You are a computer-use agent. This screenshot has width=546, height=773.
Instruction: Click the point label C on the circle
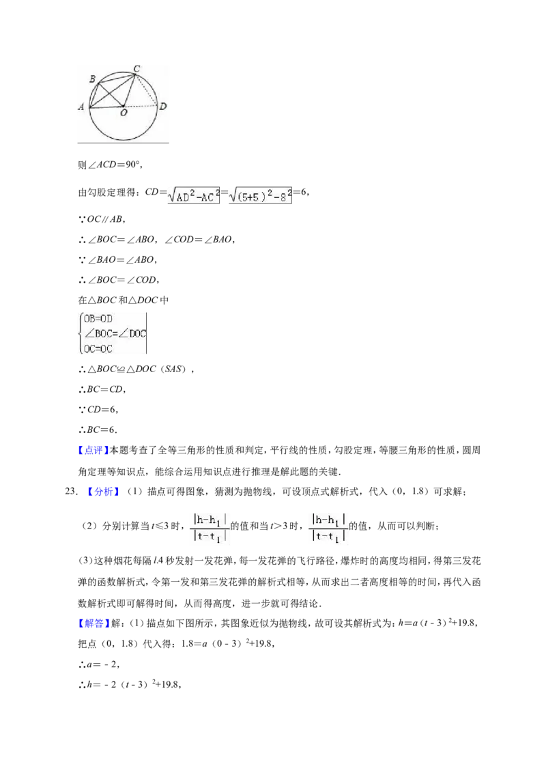tap(137, 69)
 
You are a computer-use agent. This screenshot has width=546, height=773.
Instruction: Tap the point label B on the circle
tap(92, 79)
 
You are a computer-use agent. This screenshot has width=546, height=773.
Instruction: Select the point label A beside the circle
tap(81, 107)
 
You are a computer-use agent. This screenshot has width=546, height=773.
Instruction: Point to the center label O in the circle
tap(124, 113)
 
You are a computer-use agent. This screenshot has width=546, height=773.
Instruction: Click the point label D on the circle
tap(162, 106)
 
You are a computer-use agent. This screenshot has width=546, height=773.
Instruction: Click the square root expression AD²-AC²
tap(194, 195)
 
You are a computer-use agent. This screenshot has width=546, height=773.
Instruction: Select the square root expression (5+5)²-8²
tap(260, 195)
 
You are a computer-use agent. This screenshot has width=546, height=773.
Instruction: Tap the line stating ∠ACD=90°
tap(111, 165)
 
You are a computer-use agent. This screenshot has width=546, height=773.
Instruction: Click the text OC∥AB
tap(103, 219)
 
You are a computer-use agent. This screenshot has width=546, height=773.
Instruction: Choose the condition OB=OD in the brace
tap(98, 319)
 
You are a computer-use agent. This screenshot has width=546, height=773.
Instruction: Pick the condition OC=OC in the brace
tap(98, 348)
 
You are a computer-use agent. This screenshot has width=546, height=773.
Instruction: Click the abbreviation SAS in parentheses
tap(173, 369)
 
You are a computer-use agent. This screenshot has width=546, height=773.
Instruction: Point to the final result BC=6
tap(98, 430)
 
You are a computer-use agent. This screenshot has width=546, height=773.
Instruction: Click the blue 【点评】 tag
tap(93, 450)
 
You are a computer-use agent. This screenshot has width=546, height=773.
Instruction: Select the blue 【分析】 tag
tap(104, 492)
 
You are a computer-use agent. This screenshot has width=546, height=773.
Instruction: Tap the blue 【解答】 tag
tap(93, 623)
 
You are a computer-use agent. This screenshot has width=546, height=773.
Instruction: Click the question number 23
tap(72, 492)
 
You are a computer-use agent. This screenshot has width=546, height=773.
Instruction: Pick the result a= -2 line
tap(99, 664)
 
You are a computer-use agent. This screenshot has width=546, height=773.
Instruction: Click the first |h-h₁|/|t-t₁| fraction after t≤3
tap(210, 527)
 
